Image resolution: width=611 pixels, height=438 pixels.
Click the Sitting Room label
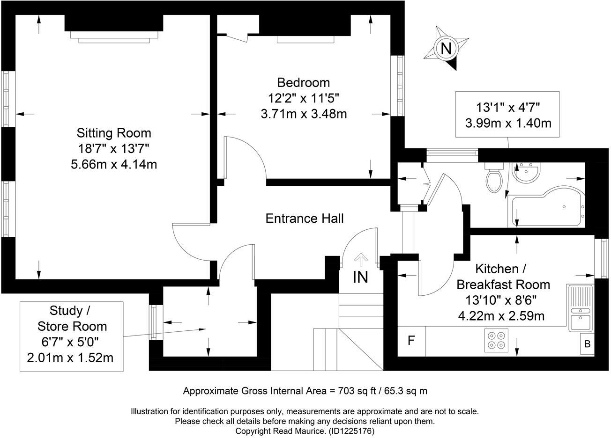coord(114,133)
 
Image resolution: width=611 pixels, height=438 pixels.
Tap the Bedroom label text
coord(303,83)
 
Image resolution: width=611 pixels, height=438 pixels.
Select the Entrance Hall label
coord(305,219)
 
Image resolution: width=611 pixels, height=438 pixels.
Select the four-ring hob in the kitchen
coord(496,340)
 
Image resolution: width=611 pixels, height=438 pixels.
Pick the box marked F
coord(411,340)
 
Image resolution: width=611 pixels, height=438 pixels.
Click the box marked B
coord(587,344)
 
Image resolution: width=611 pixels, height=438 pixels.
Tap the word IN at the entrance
coord(360,277)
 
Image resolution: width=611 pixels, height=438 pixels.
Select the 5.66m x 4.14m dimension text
coord(114,165)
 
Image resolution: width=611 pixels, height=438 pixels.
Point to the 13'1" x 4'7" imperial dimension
coord(508,107)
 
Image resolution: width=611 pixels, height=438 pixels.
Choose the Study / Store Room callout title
coord(72,318)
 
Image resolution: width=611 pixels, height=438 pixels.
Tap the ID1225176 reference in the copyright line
coord(351,431)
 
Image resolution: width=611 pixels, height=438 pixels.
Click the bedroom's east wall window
coord(400,86)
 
